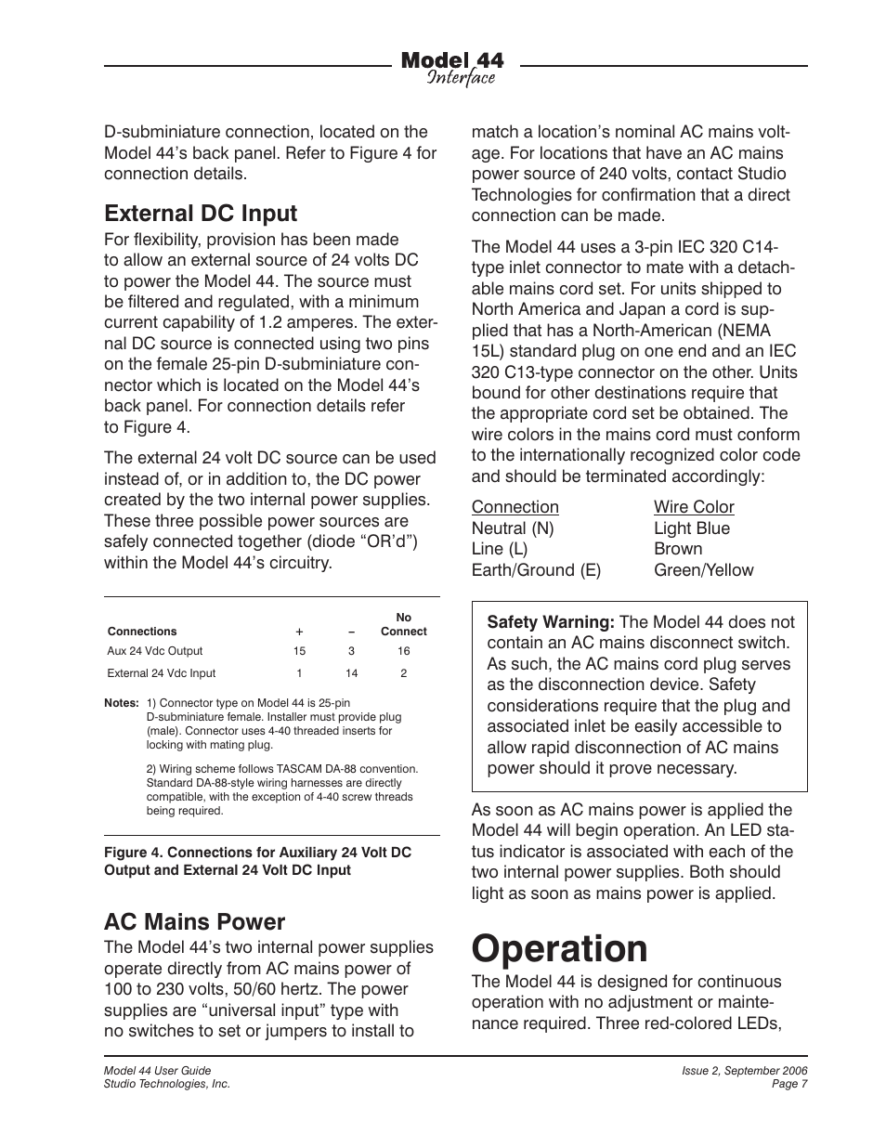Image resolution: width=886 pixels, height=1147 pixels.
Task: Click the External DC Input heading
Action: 201,214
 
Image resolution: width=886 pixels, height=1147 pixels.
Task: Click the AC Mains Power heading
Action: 194,921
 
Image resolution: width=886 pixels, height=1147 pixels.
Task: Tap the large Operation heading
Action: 559,949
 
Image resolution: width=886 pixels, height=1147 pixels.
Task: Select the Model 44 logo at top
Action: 452,68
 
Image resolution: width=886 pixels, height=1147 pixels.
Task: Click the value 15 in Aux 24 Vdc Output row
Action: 299,651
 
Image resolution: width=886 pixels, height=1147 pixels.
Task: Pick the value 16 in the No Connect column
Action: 403,651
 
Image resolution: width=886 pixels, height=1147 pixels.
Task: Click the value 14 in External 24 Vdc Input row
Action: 351,673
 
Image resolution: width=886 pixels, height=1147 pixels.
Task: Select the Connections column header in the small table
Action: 142,632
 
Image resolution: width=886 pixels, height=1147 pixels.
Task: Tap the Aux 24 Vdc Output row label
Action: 154,651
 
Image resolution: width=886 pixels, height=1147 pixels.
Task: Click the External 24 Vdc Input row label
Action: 161,673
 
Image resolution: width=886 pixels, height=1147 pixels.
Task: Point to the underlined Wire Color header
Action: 694,507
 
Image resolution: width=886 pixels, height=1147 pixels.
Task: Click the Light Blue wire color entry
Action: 691,528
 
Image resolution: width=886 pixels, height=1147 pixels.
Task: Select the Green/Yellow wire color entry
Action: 703,570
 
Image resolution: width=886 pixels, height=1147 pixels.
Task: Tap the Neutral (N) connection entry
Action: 512,528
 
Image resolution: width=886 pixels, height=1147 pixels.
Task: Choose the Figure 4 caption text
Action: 257,861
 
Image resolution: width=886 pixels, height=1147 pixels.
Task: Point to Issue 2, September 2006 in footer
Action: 744,1071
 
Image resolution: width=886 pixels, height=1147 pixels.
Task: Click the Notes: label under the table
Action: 123,703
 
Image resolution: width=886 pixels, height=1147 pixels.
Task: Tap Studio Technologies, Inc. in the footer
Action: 166,1084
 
